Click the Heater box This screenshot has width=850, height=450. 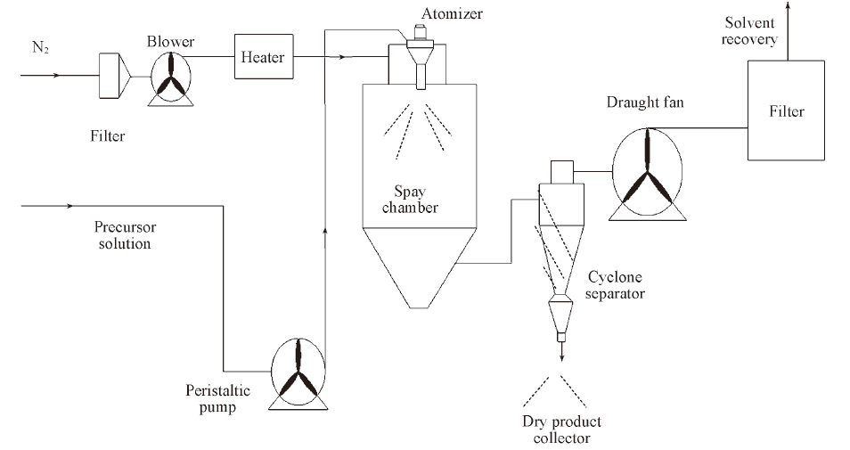262,57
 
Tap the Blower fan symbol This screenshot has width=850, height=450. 168,78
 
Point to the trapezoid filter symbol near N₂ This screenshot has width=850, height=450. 113,75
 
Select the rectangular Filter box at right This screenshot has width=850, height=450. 787,111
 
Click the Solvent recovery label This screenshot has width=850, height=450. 750,31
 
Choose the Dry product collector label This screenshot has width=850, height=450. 561,430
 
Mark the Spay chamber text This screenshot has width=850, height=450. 418,200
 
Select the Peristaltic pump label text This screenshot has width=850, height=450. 218,397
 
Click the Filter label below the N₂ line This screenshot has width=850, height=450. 108,136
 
